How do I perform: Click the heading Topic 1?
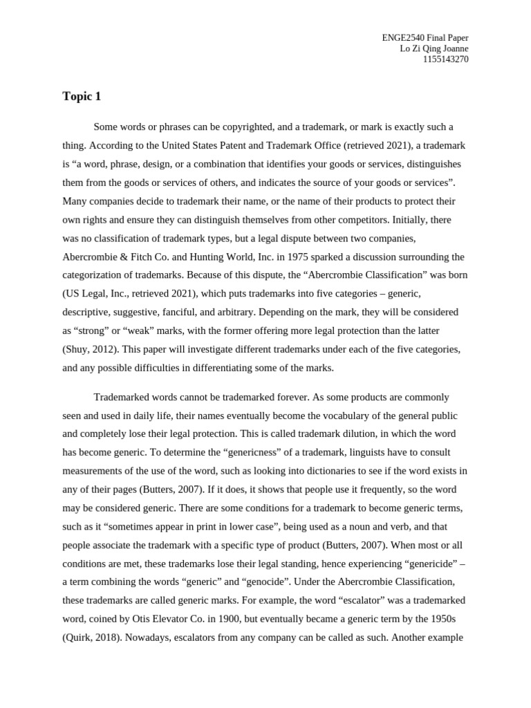[x=82, y=97]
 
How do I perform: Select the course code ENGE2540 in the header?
[x=403, y=38]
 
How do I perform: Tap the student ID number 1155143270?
[x=445, y=59]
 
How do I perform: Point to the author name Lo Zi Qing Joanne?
[x=434, y=48]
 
